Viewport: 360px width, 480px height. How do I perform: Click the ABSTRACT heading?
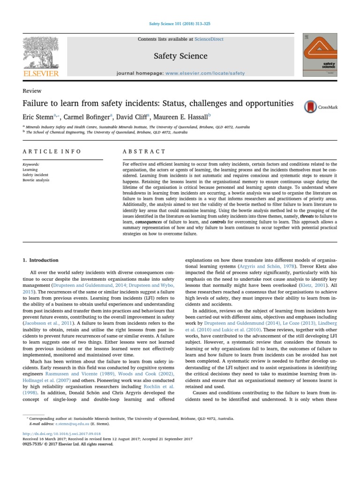click(144, 151)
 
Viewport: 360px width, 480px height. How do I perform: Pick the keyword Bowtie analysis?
click(36, 180)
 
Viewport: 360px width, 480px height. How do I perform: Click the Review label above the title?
click(32, 91)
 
